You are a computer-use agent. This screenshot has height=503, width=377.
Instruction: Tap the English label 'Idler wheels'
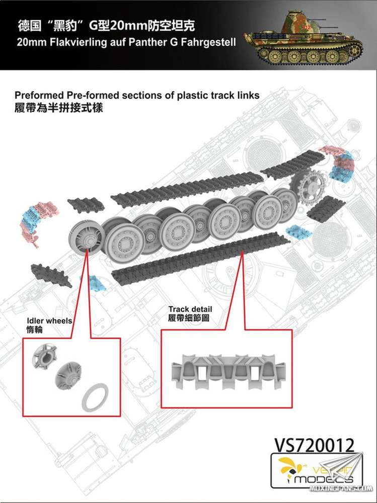click(x=49, y=321)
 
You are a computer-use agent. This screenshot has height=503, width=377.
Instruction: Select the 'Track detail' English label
click(x=190, y=309)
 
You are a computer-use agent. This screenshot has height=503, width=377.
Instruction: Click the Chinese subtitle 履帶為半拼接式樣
click(x=59, y=108)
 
